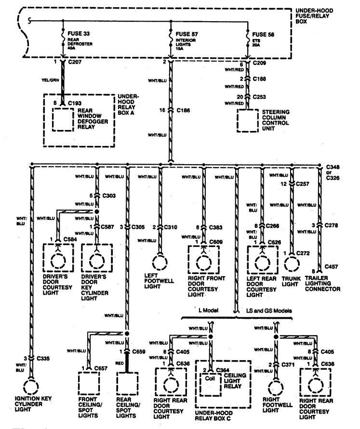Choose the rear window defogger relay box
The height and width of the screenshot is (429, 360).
65,119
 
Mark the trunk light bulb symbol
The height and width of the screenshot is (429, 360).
291,263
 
